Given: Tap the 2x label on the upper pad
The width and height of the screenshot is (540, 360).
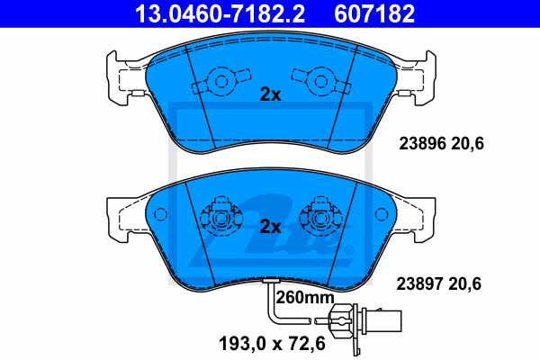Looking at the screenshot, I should [270, 95].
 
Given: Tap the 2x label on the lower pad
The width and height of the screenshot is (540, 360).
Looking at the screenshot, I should [270, 225].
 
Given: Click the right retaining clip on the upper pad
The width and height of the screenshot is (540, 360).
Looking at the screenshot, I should [320, 83].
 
